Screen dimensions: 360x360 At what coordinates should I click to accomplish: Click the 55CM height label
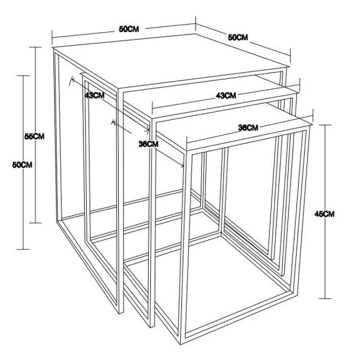coord(34,136)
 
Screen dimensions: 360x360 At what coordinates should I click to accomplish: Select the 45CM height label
coord(325,214)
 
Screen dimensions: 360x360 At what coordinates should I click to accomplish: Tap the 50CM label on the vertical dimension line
coord(22,165)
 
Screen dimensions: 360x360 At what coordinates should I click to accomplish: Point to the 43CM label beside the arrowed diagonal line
coord(94,95)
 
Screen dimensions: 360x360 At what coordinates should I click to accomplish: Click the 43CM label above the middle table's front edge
coord(226,96)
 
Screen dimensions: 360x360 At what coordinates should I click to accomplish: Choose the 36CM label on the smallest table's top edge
coord(248,128)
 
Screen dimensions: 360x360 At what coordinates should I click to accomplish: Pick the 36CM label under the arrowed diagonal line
coord(148,144)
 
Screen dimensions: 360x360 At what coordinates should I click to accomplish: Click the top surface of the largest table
coord(170,61)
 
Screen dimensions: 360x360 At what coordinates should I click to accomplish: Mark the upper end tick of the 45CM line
coord(325,125)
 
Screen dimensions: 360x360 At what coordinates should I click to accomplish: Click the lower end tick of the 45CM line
coord(325,299)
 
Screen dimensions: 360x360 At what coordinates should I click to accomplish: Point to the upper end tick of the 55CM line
coord(35,47)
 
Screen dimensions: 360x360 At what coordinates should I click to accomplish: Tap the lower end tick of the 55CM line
coord(35,223)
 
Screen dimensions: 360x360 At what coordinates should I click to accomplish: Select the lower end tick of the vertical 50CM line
coord(23,249)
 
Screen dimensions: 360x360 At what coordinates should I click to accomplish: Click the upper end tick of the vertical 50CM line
coord(23,75)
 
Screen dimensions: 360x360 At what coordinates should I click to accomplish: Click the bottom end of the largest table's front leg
coord(121,313)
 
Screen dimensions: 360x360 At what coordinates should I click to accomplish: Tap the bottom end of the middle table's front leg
coord(152,326)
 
